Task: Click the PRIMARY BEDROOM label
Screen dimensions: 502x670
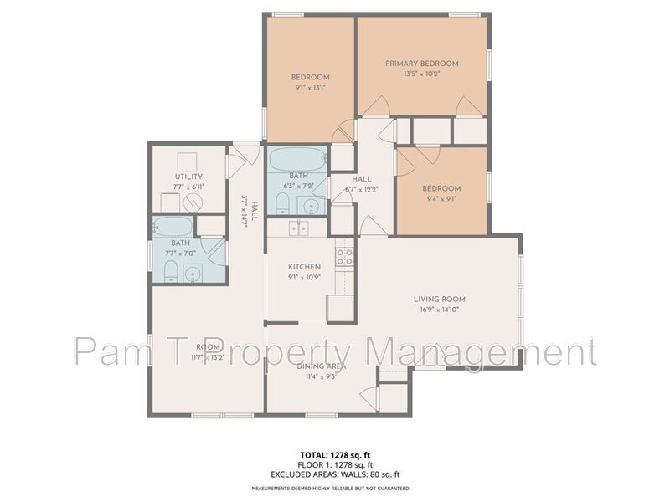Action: point(422,63)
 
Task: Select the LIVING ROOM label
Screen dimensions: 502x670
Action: point(439,299)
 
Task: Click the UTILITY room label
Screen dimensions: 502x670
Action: point(188,177)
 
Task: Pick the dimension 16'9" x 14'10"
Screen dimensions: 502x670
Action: point(439,310)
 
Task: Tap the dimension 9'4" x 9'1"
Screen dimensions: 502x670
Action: point(442,199)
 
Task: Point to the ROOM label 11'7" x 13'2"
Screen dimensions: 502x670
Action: point(209,346)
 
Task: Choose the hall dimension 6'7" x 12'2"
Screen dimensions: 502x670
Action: point(362,189)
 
